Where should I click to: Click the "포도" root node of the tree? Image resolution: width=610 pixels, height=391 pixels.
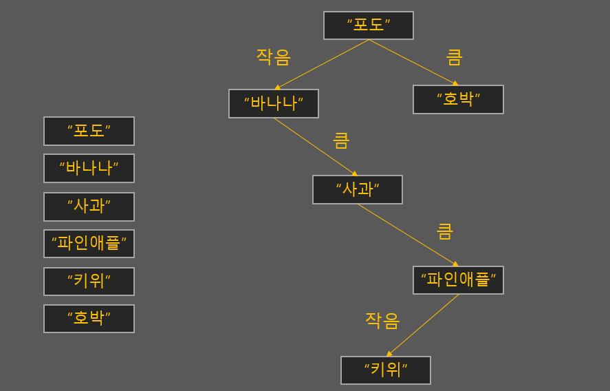368,25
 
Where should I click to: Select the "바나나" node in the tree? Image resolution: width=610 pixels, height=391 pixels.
273,103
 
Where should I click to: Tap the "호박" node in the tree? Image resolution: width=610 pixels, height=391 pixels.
458,99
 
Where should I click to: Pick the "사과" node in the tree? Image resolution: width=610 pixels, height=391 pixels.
357,189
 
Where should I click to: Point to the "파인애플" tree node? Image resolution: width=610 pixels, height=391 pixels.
458,280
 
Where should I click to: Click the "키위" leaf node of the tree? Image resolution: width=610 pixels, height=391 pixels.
385,370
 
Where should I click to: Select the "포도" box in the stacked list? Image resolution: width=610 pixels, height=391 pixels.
89,131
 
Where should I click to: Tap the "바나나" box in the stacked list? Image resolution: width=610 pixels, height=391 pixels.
89,168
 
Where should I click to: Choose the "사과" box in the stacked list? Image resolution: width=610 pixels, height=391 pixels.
89,207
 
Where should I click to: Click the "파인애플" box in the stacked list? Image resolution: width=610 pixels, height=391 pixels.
89,244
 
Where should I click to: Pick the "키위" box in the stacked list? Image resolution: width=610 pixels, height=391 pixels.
89,282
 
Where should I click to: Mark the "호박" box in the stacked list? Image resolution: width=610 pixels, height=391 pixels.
89,319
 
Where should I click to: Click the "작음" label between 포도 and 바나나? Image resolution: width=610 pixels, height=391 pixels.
273,56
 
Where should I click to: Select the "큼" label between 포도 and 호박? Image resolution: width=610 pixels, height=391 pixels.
454,56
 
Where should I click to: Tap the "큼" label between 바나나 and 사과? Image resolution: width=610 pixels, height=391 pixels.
341,140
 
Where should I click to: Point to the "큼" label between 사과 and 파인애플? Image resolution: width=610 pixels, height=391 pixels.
445,231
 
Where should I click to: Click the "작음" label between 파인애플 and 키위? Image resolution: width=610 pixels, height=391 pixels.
382,320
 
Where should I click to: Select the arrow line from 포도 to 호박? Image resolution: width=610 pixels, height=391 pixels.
413,62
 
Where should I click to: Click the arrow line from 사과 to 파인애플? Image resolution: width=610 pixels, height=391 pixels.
407,234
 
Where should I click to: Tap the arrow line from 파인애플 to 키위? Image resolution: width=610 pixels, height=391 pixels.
423,325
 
